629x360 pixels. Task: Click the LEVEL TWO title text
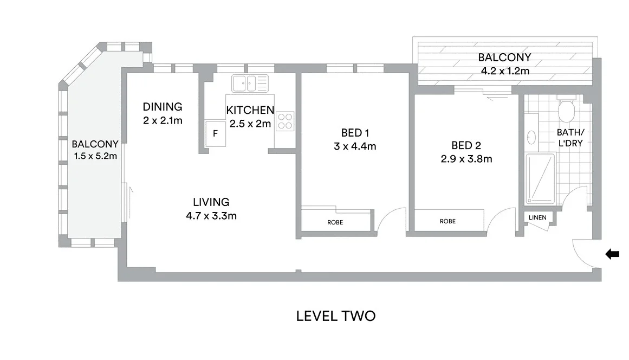pyautogui.click(x=335, y=316)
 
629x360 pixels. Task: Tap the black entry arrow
pyautogui.click(x=612, y=254)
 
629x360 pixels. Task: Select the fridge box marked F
pyautogui.click(x=215, y=133)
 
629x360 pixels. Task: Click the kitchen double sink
pyautogui.click(x=250, y=83)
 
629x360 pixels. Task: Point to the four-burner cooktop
pyautogui.click(x=286, y=121)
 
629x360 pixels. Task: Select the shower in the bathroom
pyautogui.click(x=540, y=178)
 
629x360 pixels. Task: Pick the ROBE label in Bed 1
pyautogui.click(x=335, y=222)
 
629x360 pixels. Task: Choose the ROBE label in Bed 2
pyautogui.click(x=448, y=221)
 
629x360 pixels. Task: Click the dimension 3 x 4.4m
pyautogui.click(x=355, y=146)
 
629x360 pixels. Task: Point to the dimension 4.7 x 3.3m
pyautogui.click(x=211, y=215)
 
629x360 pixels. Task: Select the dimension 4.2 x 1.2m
pyautogui.click(x=504, y=70)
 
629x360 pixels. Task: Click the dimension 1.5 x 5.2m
pyautogui.click(x=95, y=156)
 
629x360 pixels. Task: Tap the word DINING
pyautogui.click(x=163, y=107)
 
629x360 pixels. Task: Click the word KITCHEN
pyautogui.click(x=250, y=110)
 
